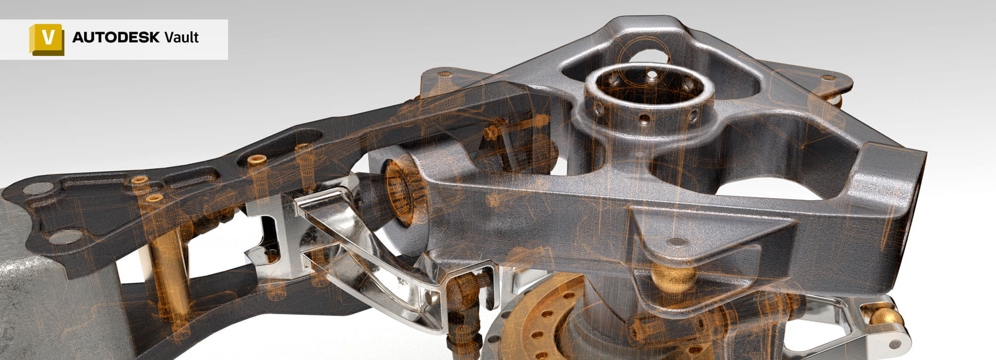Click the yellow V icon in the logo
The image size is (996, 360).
click(x=47, y=39)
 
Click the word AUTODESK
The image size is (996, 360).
click(x=115, y=37)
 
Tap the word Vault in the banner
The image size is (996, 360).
click(x=181, y=37)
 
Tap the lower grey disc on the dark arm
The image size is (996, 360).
click(x=66, y=237)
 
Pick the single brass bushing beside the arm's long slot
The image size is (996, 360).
click(x=256, y=160)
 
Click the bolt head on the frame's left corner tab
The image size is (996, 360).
click(x=445, y=75)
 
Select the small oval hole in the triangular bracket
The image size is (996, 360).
click(x=677, y=241)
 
